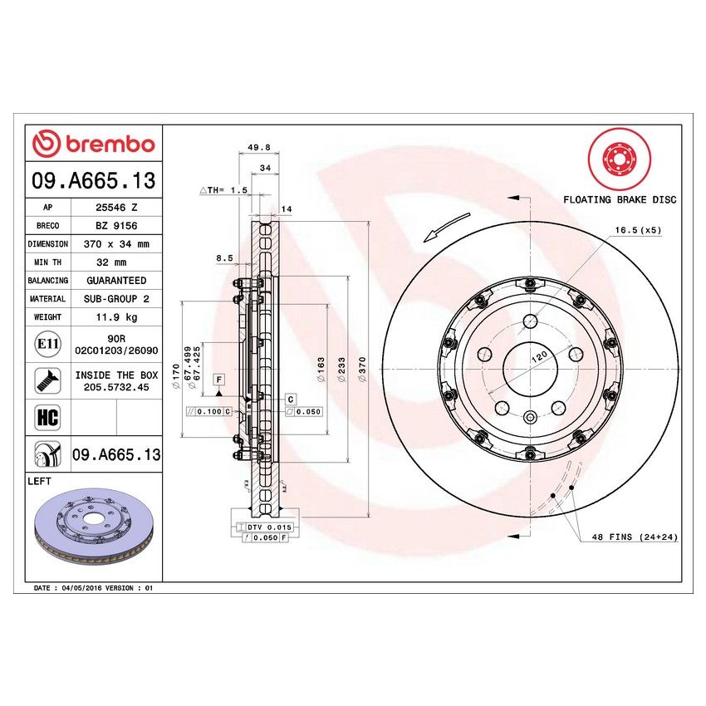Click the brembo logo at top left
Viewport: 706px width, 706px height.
click(94, 144)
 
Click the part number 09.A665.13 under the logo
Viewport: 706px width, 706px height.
click(93, 180)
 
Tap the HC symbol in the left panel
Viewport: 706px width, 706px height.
click(47, 418)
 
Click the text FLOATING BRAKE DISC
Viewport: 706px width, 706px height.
click(620, 199)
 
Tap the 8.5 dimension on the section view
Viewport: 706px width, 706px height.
click(223, 258)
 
